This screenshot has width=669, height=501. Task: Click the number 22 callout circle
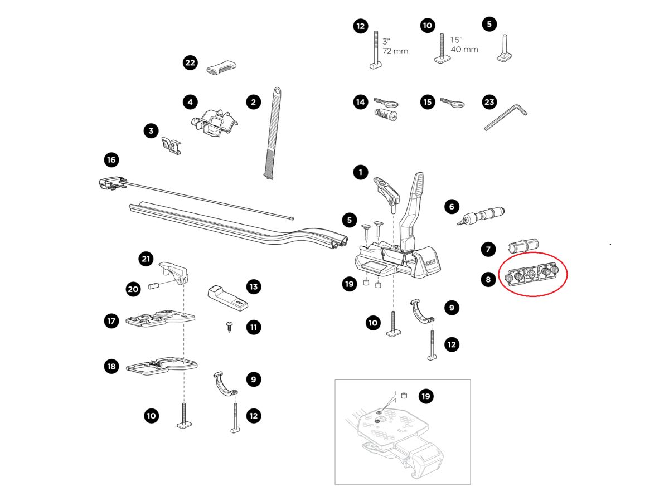(190, 62)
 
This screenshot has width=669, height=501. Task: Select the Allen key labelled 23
(505, 118)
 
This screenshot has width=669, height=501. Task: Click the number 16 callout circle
(111, 160)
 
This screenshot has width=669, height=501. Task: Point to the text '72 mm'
(395, 51)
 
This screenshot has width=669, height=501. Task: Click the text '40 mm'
(464, 50)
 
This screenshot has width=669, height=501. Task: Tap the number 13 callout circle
(254, 287)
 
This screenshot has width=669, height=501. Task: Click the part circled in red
(533, 274)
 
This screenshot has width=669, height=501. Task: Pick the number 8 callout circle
(488, 279)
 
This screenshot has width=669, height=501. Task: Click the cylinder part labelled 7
(522, 246)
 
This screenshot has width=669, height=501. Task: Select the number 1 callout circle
(361, 173)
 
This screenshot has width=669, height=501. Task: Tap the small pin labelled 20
(153, 287)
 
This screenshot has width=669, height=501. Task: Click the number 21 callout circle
(146, 259)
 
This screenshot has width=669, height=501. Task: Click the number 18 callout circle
(111, 366)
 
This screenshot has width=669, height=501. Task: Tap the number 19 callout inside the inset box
(426, 396)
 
